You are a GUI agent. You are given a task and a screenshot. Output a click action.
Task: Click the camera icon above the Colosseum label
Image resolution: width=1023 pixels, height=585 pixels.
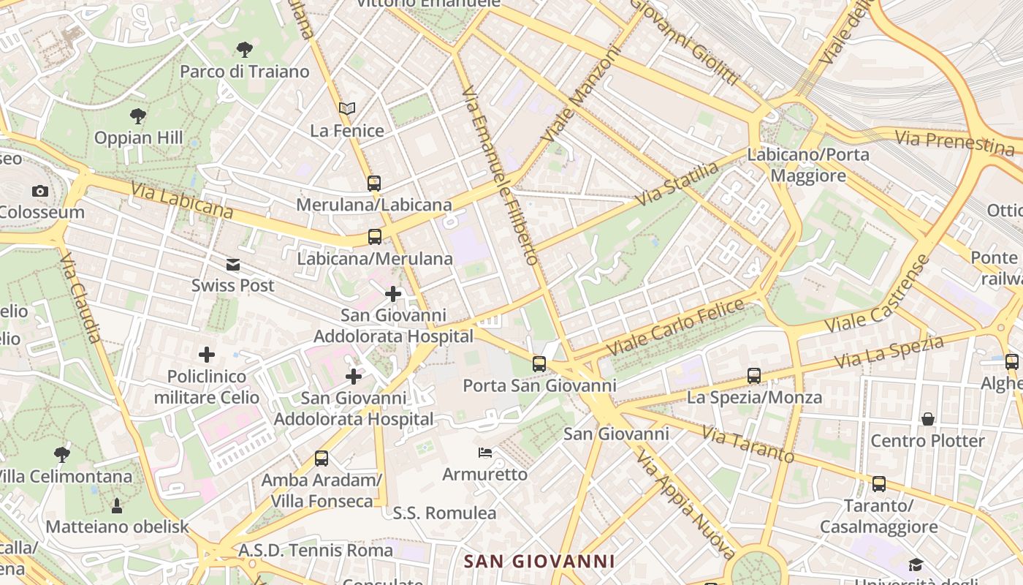coord(40,192)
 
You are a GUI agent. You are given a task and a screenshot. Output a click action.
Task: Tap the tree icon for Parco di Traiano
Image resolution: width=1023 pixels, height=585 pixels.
coord(245,50)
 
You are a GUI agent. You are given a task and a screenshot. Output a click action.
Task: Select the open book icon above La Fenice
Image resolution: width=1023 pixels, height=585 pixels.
coord(347,109)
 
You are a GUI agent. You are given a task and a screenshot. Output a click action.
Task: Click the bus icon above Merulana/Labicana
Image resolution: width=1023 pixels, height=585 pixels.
coord(374,183)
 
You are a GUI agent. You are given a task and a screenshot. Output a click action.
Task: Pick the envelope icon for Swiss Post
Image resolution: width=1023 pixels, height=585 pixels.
coord(233,265)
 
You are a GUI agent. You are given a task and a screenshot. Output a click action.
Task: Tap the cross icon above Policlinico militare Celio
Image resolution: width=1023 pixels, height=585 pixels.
coord(207,355)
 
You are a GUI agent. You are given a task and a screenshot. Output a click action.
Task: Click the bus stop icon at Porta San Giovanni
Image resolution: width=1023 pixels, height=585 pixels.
coord(539,363)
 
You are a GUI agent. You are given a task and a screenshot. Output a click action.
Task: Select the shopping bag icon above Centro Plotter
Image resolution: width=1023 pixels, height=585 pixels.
coord(928,419)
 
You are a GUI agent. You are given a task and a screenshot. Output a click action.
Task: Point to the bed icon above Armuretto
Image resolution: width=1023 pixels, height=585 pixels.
coord(484,453)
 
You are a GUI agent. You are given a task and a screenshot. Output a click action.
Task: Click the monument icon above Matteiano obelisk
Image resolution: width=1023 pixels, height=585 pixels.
coord(117,505)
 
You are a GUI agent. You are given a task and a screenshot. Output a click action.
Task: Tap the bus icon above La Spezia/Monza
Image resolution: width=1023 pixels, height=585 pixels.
coord(754,376)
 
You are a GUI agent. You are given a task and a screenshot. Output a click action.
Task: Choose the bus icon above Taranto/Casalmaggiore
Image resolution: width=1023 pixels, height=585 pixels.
coord(879,484)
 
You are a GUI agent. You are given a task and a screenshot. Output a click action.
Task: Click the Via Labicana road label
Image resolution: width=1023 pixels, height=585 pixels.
coord(182,201)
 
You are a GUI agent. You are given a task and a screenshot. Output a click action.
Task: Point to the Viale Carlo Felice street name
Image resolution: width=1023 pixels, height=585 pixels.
coord(676,328)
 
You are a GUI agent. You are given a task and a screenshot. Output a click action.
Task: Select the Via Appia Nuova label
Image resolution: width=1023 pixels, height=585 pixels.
coord(685,504)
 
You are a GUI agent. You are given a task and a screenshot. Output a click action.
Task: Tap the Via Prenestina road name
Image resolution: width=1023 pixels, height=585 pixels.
coord(954,142)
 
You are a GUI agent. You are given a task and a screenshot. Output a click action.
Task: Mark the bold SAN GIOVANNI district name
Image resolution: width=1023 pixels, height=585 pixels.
coord(539,562)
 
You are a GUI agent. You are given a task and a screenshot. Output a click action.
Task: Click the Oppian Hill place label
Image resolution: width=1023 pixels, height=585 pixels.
coord(139,137)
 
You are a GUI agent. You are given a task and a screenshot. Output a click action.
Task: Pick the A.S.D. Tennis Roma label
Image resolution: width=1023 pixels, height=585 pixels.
coord(316,550)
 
